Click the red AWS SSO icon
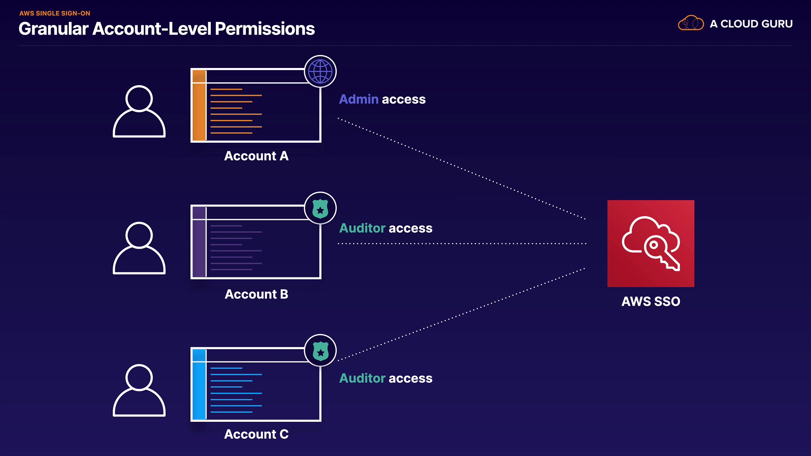(x=650, y=243)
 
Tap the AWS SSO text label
(x=650, y=301)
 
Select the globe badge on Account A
(x=320, y=71)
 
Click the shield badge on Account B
(x=320, y=208)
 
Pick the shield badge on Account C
(x=320, y=350)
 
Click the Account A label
(x=256, y=156)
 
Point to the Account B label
(x=256, y=294)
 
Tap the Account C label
(x=256, y=434)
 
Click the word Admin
(x=359, y=99)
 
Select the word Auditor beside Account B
(x=362, y=228)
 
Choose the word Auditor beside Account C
(x=362, y=378)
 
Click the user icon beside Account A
(x=139, y=111)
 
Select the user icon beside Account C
(x=139, y=391)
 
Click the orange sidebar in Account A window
(x=199, y=111)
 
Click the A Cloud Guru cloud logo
(x=691, y=23)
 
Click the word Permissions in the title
(x=265, y=29)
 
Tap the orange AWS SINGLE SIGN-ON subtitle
(x=54, y=13)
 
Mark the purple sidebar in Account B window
(x=199, y=247)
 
